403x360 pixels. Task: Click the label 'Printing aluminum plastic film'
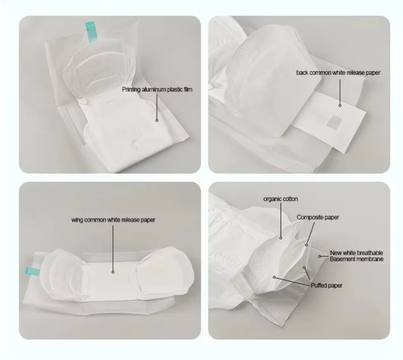[x=157, y=89]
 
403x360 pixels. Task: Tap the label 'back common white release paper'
[x=338, y=73]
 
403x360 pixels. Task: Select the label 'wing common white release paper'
[x=113, y=220]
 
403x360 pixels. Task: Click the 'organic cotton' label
[x=281, y=199]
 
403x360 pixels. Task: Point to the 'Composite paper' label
[x=318, y=217]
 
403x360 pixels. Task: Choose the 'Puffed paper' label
[x=327, y=285]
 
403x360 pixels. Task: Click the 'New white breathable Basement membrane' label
[x=357, y=256]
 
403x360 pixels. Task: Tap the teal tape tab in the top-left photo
[x=91, y=32]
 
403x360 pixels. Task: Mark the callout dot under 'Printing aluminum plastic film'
[x=157, y=120]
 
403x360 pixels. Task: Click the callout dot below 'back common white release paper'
[x=340, y=106]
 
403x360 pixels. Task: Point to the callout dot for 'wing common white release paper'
[x=113, y=272]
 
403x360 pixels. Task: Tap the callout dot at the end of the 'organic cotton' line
[x=281, y=238]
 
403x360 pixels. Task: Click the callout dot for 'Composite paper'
[x=306, y=245]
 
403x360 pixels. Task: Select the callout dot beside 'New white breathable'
[x=319, y=256]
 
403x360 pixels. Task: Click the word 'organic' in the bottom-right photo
[x=272, y=199]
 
